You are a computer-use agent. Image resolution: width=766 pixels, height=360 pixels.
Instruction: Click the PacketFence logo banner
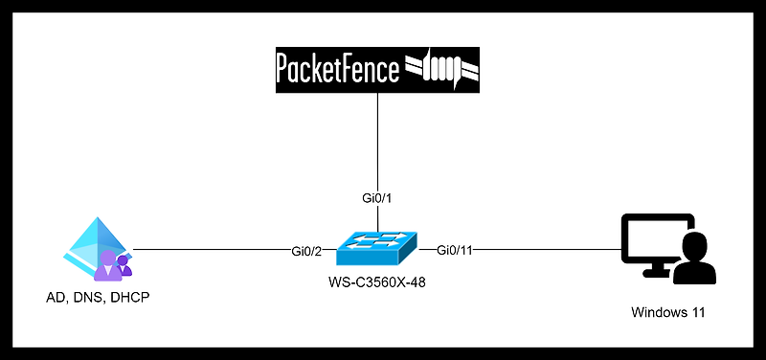[377, 70]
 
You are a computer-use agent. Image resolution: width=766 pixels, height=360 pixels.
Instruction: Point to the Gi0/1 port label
[376, 198]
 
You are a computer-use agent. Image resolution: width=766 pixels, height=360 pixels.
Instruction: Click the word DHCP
[130, 297]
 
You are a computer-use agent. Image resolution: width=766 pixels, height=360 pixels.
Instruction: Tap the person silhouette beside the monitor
[695, 261]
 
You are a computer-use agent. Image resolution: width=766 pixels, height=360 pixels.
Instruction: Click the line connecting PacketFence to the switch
[376, 144]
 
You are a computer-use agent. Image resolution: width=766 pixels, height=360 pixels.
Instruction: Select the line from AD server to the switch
[211, 251]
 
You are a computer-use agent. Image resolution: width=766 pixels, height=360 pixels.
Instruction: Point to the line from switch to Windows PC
[546, 251]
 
